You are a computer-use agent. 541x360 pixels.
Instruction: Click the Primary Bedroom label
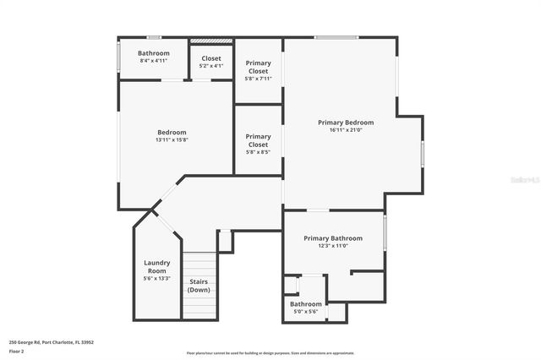point(345,123)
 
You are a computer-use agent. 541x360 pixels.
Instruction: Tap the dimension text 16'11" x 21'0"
point(345,130)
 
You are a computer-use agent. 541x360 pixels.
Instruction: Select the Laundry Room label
point(157,266)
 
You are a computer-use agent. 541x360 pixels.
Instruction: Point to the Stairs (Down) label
point(199,286)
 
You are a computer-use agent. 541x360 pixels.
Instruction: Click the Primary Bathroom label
point(333,238)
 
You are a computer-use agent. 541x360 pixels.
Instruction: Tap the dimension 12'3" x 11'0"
point(333,246)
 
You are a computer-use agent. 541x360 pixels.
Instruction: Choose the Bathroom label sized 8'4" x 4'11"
point(153,53)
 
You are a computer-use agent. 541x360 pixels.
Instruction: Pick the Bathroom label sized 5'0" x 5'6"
point(306,304)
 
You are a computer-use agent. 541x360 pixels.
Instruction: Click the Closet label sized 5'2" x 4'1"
point(211,58)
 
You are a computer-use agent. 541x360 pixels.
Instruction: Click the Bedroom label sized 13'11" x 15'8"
point(172,132)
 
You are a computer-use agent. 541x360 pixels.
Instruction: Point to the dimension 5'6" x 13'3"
point(157,278)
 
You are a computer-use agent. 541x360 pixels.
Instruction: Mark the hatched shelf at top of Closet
point(211,40)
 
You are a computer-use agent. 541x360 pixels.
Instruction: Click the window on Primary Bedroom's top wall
point(336,37)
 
